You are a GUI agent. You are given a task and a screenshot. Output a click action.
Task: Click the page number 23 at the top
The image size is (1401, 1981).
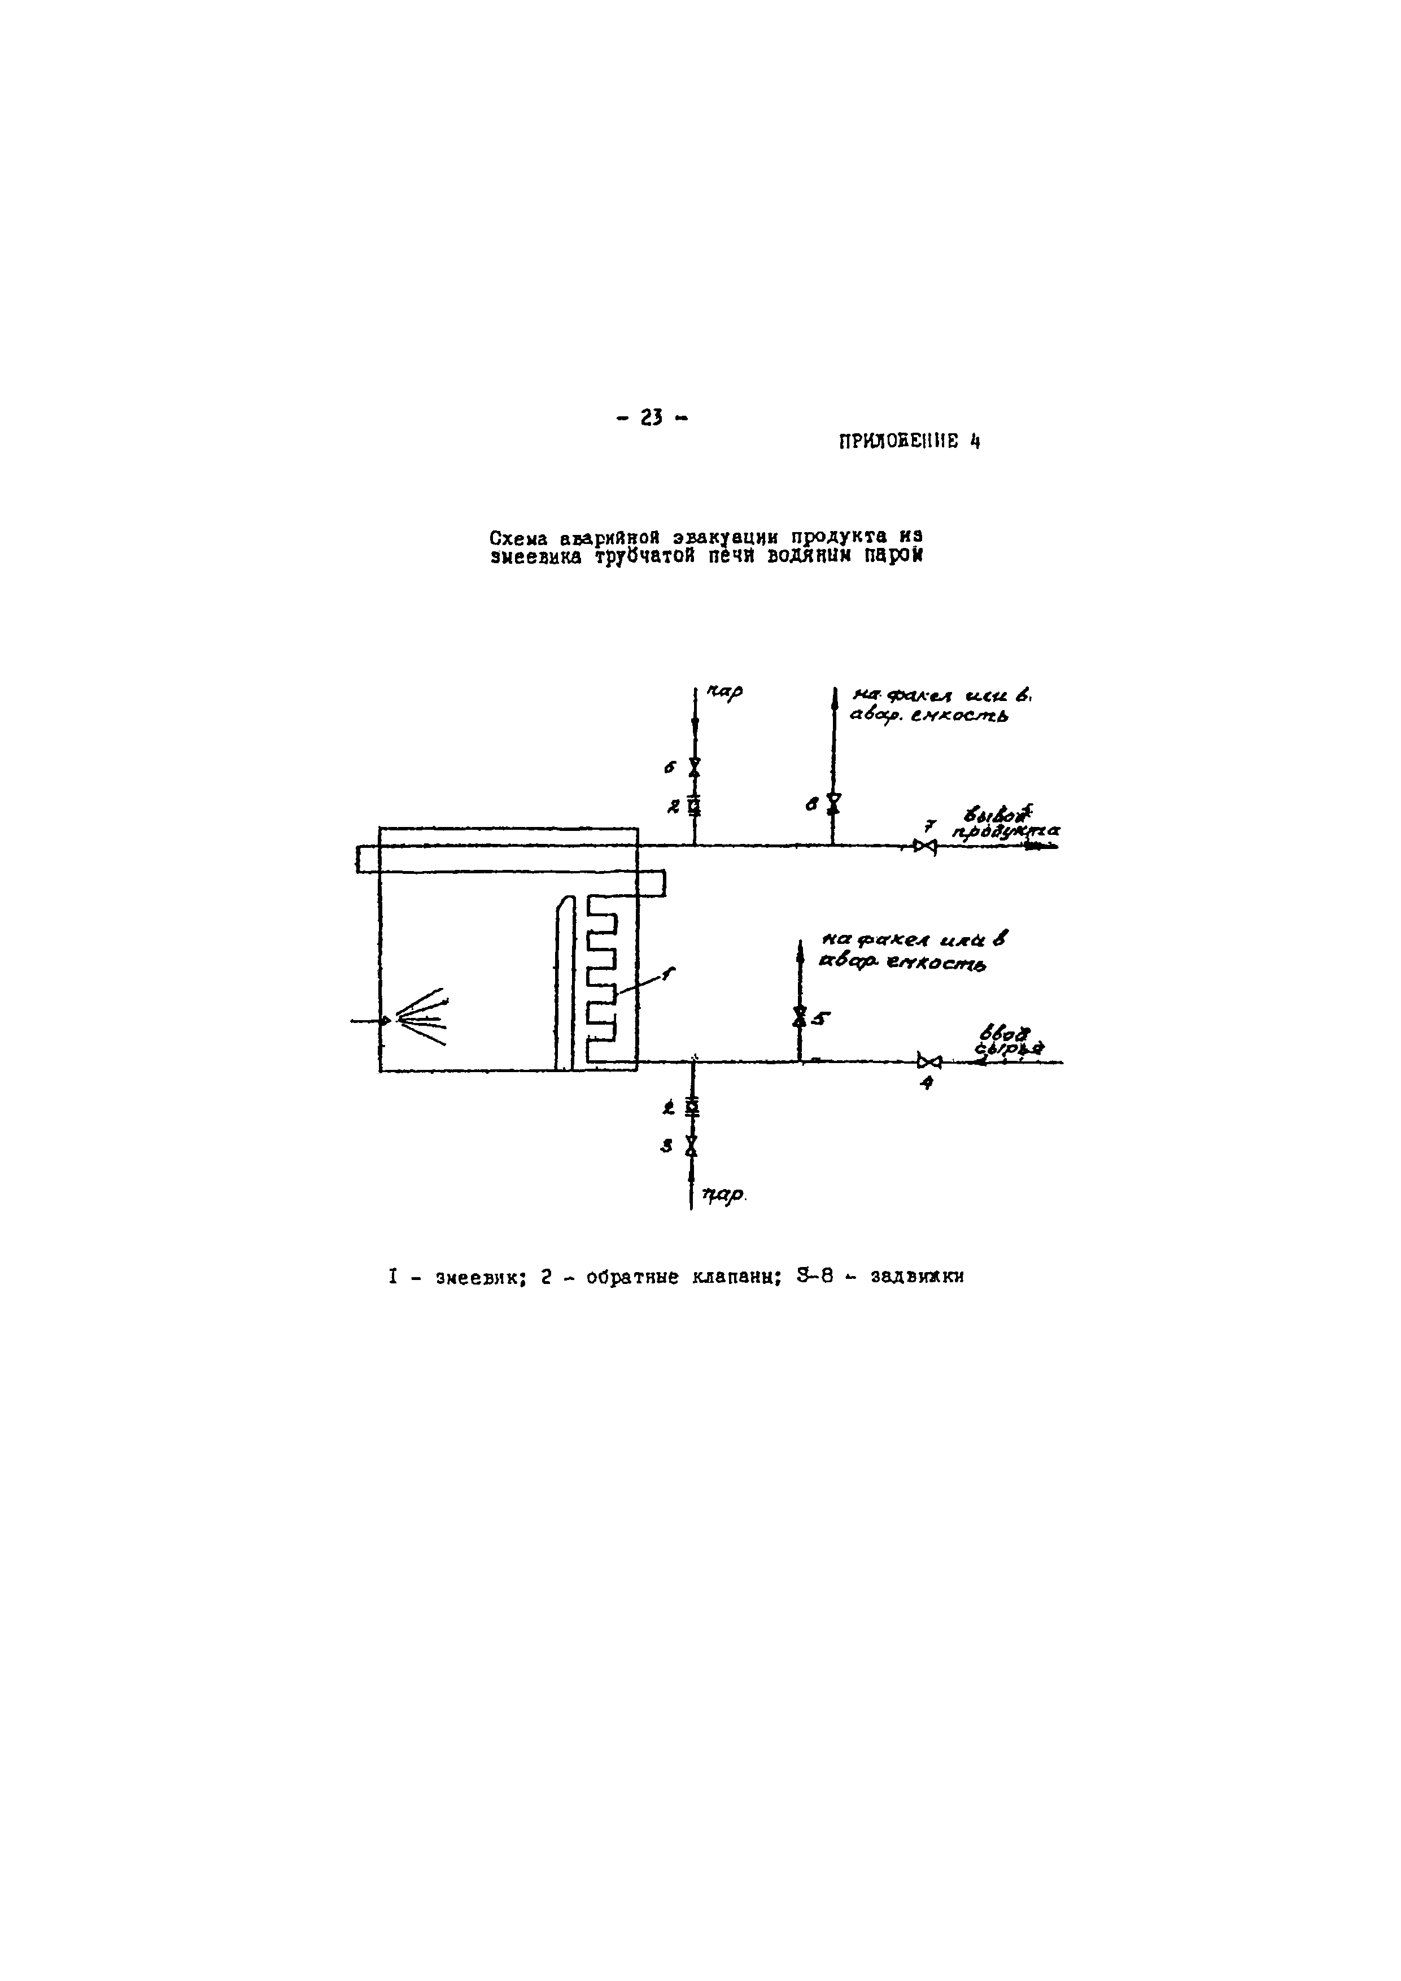coord(651,419)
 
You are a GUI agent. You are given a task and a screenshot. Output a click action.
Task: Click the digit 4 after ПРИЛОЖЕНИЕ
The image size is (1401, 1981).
coord(974,443)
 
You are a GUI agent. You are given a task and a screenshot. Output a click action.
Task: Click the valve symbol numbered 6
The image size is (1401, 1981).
coord(695,766)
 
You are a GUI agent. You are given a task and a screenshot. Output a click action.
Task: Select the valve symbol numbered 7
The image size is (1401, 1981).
coord(925,846)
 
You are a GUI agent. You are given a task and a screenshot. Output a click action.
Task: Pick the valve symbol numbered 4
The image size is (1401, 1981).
coord(929,1061)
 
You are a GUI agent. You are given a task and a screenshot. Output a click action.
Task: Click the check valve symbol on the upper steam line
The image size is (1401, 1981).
coord(695,807)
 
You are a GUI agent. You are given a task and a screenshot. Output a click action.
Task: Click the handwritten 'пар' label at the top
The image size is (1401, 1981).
coord(724,693)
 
